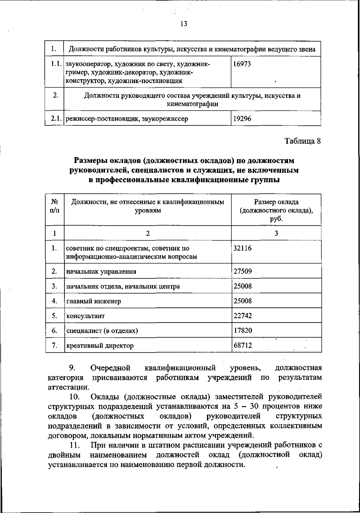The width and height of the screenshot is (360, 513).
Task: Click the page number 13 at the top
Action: (184, 24)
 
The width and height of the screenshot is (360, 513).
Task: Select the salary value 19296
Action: (242, 119)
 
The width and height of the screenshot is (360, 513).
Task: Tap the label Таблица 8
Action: (303, 141)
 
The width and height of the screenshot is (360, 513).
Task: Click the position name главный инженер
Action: (94, 301)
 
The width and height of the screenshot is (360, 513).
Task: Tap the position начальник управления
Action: (101, 272)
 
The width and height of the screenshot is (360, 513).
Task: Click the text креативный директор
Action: (100, 346)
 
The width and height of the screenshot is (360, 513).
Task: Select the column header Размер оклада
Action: (276, 202)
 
